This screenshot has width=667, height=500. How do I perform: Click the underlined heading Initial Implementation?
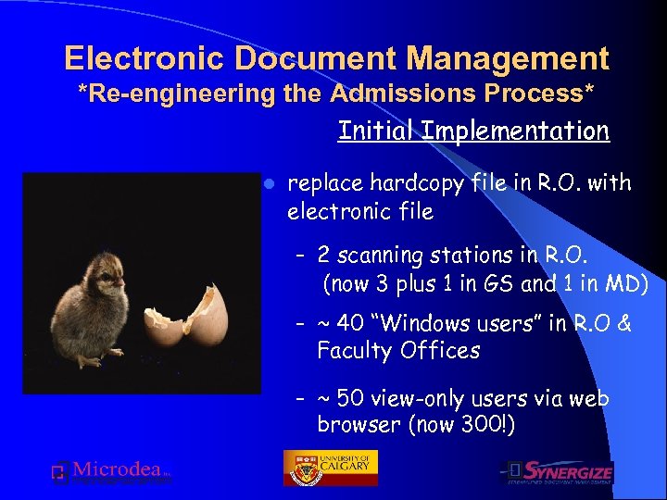point(473,131)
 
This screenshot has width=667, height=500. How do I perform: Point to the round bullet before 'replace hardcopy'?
point(265,183)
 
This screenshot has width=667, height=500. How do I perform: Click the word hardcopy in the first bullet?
point(414,183)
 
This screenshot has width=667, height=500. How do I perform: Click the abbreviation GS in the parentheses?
point(497,284)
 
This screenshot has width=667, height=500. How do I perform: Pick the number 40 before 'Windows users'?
point(351,323)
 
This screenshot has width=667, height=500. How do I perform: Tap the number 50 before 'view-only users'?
point(351,398)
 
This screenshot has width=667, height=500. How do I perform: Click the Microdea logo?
point(111,472)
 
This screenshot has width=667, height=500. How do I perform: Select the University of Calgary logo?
point(330,468)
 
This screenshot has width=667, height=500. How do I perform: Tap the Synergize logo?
point(559,472)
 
